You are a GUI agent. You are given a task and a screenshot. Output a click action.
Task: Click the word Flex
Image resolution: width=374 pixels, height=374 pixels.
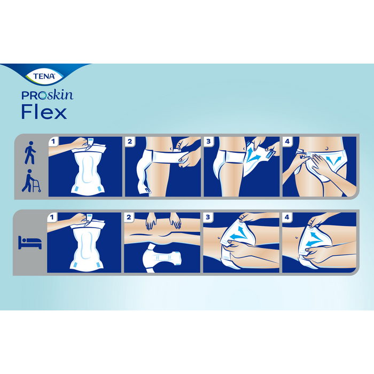point(44,112)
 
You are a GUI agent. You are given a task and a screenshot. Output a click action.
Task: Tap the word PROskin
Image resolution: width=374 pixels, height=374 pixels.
point(47,96)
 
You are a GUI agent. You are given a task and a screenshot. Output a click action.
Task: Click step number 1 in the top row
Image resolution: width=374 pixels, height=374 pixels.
point(53,142)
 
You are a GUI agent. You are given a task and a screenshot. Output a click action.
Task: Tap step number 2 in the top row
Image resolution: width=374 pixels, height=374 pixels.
point(130,142)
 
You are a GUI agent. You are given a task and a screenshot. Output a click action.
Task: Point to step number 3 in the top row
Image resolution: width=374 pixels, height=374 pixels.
point(208,142)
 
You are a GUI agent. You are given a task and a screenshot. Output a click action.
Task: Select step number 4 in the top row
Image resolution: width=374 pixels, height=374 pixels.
point(287,142)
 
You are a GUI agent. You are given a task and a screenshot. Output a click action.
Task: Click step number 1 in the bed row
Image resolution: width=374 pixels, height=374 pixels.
point(53,217)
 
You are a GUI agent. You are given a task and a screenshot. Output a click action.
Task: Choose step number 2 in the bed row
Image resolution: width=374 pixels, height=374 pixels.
point(130,217)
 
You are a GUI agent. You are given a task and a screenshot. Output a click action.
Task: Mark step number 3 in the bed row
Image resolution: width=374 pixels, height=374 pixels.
point(208,217)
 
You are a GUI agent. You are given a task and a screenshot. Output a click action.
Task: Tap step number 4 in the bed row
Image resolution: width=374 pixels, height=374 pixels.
point(287,217)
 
